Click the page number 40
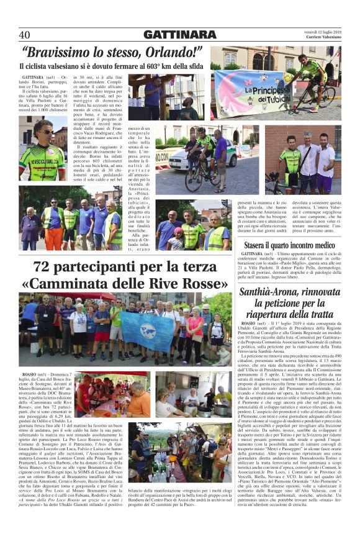(x=25, y=34)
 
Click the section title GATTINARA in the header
(x=179, y=34)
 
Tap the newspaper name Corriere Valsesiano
(x=324, y=38)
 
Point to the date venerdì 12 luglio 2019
(x=324, y=31)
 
